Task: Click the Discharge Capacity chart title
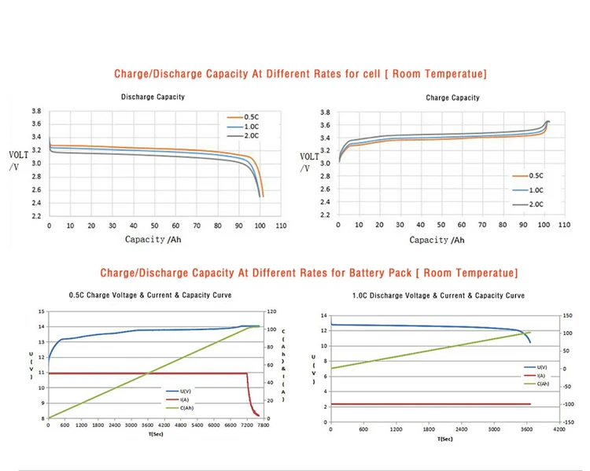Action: tap(153, 97)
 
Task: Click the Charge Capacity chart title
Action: tap(452, 98)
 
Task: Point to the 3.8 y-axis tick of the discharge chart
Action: tap(36, 112)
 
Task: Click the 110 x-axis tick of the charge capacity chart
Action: tap(564, 225)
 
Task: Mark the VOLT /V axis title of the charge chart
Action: tap(309, 162)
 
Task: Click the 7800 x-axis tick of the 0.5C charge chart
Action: tap(264, 425)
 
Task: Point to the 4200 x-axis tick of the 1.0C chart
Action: tap(559, 430)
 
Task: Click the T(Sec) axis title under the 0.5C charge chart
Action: tap(155, 433)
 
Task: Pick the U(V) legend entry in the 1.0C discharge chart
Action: tap(542, 367)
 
